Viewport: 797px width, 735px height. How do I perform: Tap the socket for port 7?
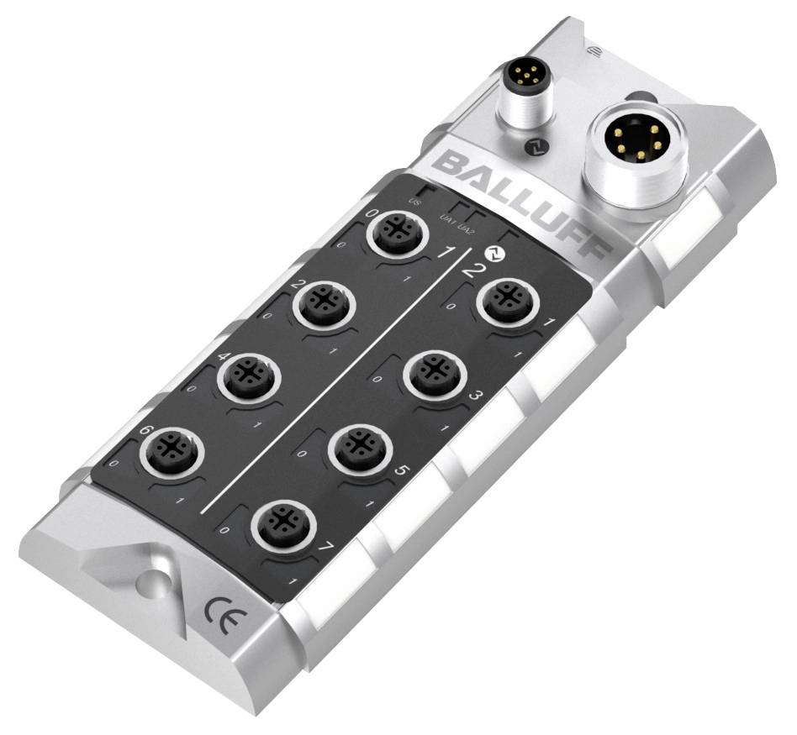pyautogui.click(x=283, y=526)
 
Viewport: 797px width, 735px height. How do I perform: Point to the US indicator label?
pyautogui.click(x=414, y=202)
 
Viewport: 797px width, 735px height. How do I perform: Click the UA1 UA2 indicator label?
pyautogui.click(x=458, y=223)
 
